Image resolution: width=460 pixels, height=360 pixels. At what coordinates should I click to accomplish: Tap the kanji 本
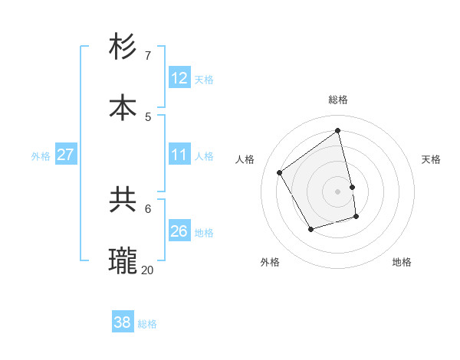(123, 107)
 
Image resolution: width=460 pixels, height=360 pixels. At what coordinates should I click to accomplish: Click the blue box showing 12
(179, 78)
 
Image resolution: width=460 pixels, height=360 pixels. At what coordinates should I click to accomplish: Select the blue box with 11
(179, 155)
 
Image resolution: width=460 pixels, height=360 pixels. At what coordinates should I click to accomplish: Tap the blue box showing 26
(179, 231)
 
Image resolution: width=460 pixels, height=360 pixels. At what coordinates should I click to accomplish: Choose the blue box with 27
(65, 155)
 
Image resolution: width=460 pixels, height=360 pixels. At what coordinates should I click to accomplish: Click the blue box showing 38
(122, 322)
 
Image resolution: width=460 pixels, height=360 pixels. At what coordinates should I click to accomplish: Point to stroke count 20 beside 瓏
(148, 270)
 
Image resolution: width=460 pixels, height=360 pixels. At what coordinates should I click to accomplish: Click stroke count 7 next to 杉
(148, 56)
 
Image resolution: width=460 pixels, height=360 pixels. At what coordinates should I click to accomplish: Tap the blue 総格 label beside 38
(147, 324)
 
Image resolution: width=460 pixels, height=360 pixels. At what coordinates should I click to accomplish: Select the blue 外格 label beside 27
(41, 156)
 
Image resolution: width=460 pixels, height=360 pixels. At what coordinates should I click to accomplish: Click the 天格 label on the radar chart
(431, 159)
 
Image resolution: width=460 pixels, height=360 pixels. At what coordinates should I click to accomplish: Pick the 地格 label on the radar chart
(402, 262)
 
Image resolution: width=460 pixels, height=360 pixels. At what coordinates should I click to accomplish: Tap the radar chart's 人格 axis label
(245, 159)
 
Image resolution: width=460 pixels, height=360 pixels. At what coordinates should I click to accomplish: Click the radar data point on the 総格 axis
(338, 131)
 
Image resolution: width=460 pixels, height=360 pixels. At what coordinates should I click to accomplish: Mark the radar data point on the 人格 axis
(280, 173)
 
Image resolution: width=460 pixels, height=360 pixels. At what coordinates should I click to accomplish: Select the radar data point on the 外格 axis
(310, 229)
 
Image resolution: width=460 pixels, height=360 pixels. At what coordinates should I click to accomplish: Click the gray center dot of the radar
(338, 191)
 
